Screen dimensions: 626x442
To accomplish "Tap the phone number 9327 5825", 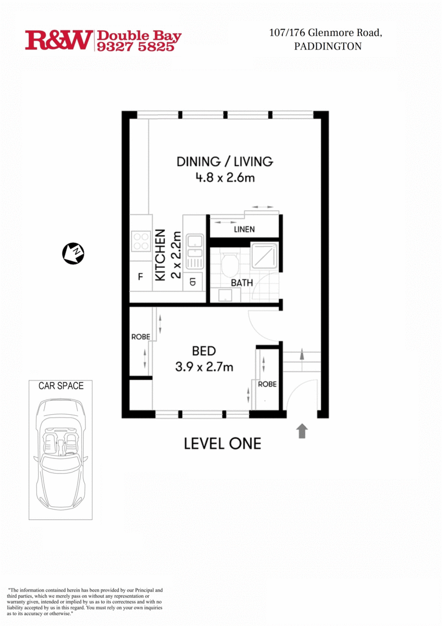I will click(135, 47).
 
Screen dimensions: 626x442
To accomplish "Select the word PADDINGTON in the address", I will click(327, 47).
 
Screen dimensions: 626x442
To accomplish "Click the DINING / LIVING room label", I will click(225, 162).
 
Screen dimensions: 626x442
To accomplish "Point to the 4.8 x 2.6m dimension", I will click(225, 177).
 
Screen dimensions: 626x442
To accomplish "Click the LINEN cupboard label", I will click(244, 229).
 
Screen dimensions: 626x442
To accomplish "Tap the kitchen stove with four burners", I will click(141, 241).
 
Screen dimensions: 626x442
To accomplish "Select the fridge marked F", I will click(140, 277).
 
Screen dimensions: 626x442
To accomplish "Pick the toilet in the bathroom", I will click(229, 265).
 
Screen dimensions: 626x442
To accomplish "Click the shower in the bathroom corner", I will click(265, 256).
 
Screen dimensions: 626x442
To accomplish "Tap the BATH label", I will click(241, 283).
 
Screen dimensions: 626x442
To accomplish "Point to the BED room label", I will click(204, 351).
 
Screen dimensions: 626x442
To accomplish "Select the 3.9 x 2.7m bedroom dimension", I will click(204, 367).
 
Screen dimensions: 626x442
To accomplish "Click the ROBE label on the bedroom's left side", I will click(140, 337).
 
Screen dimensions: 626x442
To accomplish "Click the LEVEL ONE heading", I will click(222, 444).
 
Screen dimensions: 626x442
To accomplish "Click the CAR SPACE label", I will click(61, 386).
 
